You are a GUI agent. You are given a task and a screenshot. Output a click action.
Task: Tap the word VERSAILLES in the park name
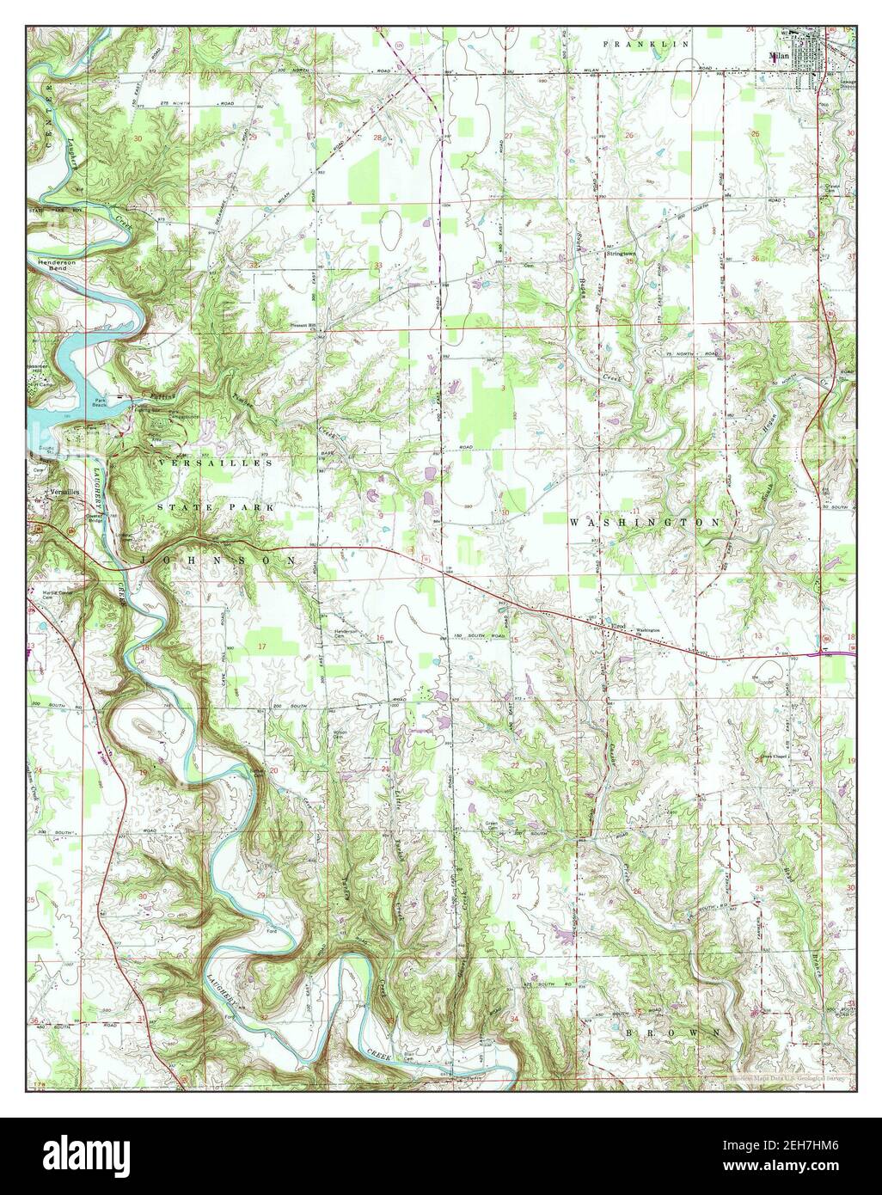coord(215,463)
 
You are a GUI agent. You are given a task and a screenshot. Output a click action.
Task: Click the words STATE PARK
coord(215,508)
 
